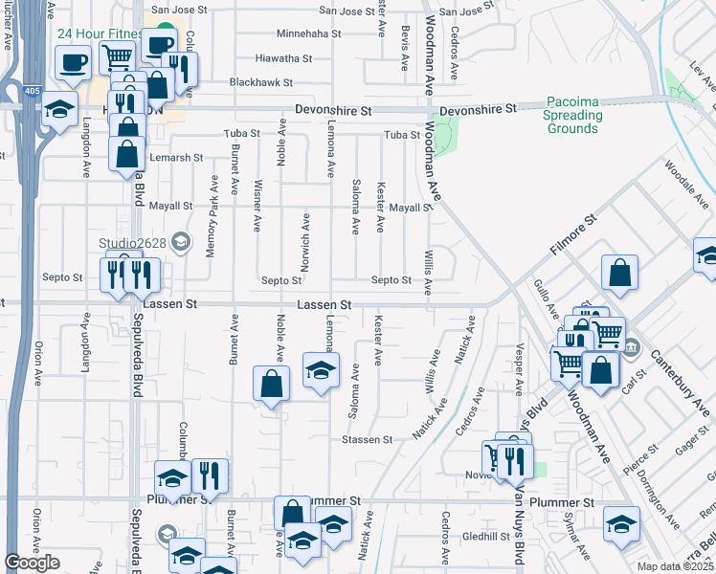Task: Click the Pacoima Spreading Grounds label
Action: tap(574, 116)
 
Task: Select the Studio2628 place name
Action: tap(133, 243)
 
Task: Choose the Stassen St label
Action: tap(368, 440)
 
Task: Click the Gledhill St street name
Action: tap(486, 537)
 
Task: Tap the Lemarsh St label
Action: tap(178, 158)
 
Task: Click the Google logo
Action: tap(32, 563)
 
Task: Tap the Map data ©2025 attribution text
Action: tap(676, 566)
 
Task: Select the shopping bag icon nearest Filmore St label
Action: tap(620, 272)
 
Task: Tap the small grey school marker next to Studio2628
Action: tap(181, 242)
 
